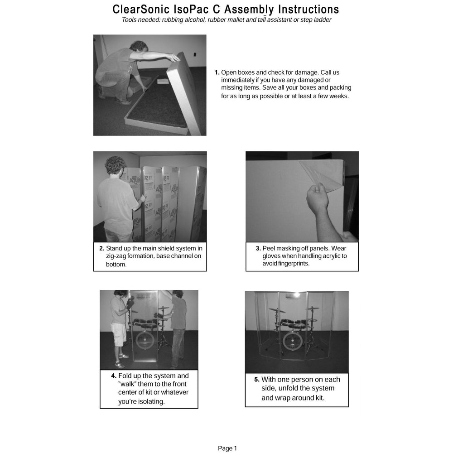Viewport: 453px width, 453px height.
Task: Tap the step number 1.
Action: [x=217, y=72]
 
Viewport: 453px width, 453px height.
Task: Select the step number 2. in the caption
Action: [x=101, y=248]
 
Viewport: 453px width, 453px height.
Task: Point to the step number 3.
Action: [x=258, y=248]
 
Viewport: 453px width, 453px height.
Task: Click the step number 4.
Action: [x=114, y=376]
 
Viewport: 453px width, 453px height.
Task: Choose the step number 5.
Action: [x=257, y=380]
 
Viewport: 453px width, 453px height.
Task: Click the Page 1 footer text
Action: [x=227, y=448]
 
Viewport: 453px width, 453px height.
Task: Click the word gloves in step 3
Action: [x=272, y=256]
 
